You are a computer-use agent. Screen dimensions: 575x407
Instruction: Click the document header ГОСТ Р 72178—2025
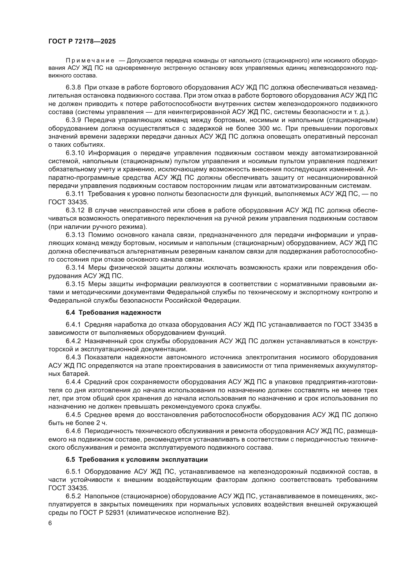coord(82,42)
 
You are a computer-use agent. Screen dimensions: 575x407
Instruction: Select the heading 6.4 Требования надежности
coord(113,312)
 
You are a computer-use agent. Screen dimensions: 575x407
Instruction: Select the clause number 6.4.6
coord(73,431)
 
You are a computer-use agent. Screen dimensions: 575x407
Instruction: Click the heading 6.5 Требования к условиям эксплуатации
coord(137,459)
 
